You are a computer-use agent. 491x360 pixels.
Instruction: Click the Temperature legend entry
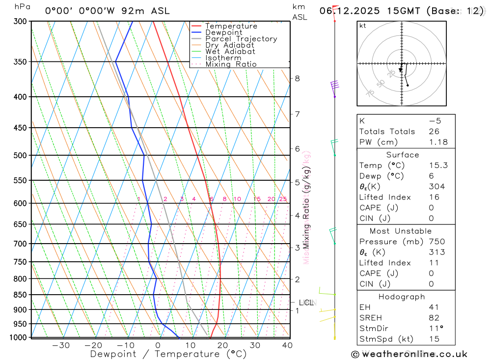(x=231, y=26)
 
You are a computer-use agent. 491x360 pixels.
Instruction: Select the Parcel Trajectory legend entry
(x=241, y=39)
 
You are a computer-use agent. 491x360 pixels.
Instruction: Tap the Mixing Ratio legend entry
(x=231, y=64)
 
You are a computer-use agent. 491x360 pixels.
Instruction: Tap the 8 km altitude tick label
(x=297, y=78)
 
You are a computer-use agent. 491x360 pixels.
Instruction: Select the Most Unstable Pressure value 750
(x=436, y=242)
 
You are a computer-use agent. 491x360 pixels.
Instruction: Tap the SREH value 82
(x=434, y=318)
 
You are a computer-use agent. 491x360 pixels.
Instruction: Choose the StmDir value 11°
(x=435, y=329)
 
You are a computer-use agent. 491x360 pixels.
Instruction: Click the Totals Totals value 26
(x=434, y=131)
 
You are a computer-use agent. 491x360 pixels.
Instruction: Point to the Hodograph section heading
(x=402, y=297)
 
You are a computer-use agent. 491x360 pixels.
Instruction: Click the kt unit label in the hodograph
(x=363, y=26)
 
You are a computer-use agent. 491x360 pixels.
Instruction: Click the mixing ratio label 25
(x=283, y=199)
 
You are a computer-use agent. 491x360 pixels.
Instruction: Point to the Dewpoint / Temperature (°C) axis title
(x=168, y=354)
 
